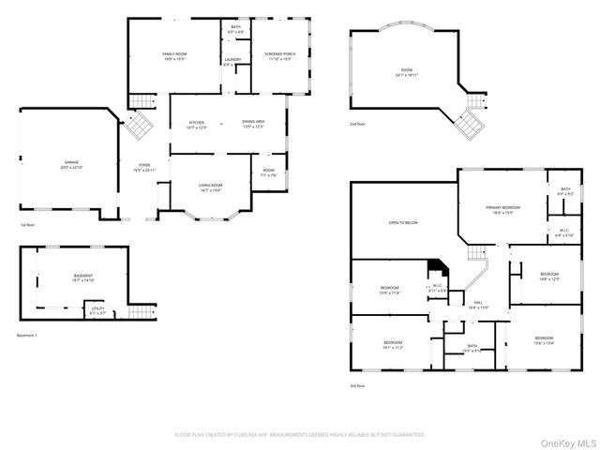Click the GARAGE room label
pos(71,162)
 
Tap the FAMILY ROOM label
pos(175,55)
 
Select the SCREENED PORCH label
pos(279,55)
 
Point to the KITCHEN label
pos(197,123)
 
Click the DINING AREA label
pos(253,123)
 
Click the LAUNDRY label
pos(232,61)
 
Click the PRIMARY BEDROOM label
pos(503,207)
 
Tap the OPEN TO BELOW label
pos(403,223)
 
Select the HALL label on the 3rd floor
pos(478,304)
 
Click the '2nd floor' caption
pos(358,124)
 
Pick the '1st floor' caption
pos(28,226)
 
